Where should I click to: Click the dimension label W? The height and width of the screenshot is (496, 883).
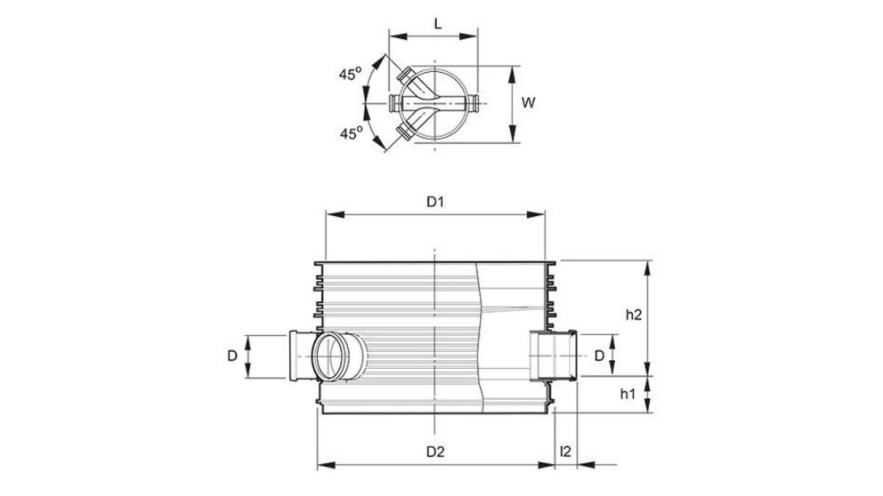click(x=528, y=103)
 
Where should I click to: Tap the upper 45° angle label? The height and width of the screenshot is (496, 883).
click(x=350, y=75)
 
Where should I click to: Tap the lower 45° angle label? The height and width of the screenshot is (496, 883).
click(x=350, y=133)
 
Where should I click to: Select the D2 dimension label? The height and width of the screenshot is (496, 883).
click(x=434, y=451)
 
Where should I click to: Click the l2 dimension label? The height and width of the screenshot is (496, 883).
click(x=564, y=451)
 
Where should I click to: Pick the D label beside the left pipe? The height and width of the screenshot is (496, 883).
click(x=231, y=356)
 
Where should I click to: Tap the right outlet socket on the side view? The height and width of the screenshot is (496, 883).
click(x=553, y=355)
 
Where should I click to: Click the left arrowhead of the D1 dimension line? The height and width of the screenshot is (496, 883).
click(x=331, y=213)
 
